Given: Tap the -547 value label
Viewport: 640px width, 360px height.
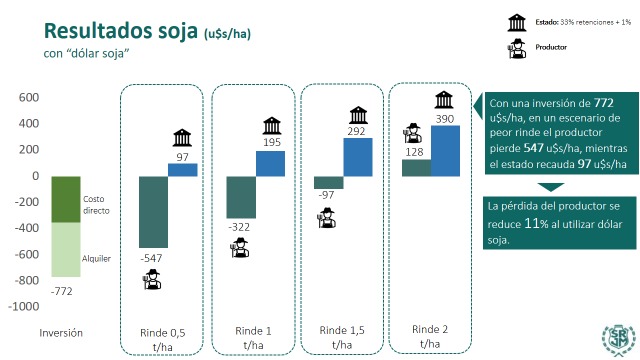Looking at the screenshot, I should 151,259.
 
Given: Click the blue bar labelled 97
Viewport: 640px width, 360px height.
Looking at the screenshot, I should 182,169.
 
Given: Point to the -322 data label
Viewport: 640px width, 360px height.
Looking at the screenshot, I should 240,229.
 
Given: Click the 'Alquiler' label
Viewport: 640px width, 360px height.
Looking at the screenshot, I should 97,258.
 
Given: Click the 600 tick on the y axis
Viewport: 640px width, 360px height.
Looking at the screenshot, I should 27,98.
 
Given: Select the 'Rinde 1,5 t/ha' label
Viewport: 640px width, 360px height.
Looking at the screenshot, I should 343,337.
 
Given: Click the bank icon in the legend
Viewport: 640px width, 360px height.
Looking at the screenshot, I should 518,20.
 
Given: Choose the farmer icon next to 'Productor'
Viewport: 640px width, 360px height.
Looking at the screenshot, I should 518,46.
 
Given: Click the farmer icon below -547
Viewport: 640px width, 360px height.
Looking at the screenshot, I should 151,281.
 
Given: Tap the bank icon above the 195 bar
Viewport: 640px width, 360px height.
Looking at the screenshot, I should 271,125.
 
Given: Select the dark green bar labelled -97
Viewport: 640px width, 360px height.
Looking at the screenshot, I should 328,182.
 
